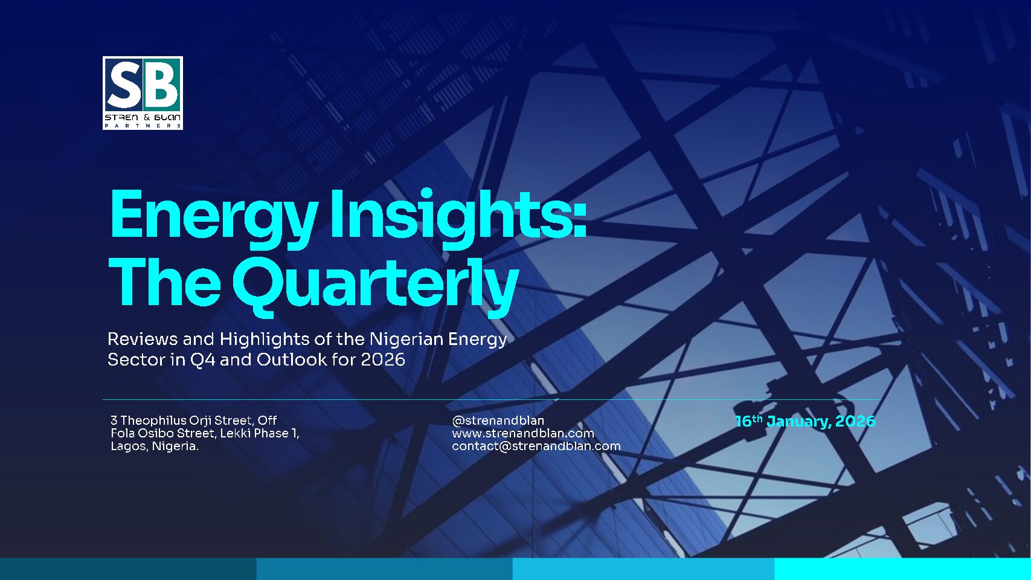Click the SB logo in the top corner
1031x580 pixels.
(x=143, y=93)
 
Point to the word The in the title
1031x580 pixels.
(x=164, y=281)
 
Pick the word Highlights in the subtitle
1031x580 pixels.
(x=265, y=340)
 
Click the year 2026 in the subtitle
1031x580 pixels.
(x=383, y=359)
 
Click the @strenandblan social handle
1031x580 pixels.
(x=498, y=420)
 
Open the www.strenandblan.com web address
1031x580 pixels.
(x=523, y=433)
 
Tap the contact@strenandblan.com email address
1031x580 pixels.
(x=536, y=446)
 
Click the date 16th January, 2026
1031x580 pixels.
(x=806, y=421)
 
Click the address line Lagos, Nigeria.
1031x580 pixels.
(x=155, y=446)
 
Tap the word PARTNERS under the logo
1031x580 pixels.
(x=143, y=126)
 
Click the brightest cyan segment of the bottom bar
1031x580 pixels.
(x=902, y=569)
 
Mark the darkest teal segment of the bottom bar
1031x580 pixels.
(x=128, y=569)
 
